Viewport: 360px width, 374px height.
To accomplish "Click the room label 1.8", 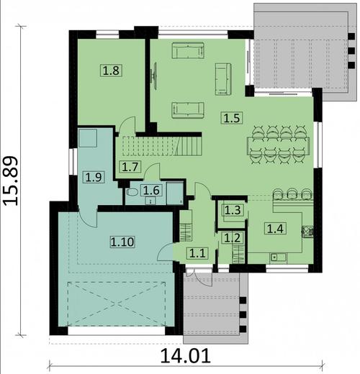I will click(111, 70).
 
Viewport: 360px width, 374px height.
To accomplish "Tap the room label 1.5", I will click(231, 117).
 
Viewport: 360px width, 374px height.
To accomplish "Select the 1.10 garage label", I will click(122, 242).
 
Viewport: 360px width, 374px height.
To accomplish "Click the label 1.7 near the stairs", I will click(130, 167).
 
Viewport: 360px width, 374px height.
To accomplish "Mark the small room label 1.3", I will click(232, 210).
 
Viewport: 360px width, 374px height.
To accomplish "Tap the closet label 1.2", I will click(232, 238).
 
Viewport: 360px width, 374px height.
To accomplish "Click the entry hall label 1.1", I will click(197, 252).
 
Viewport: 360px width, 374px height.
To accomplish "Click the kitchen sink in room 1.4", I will click(277, 257).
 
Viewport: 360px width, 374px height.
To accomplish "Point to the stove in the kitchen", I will click(307, 232).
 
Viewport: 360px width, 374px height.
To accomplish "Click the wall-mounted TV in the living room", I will click(154, 77).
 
